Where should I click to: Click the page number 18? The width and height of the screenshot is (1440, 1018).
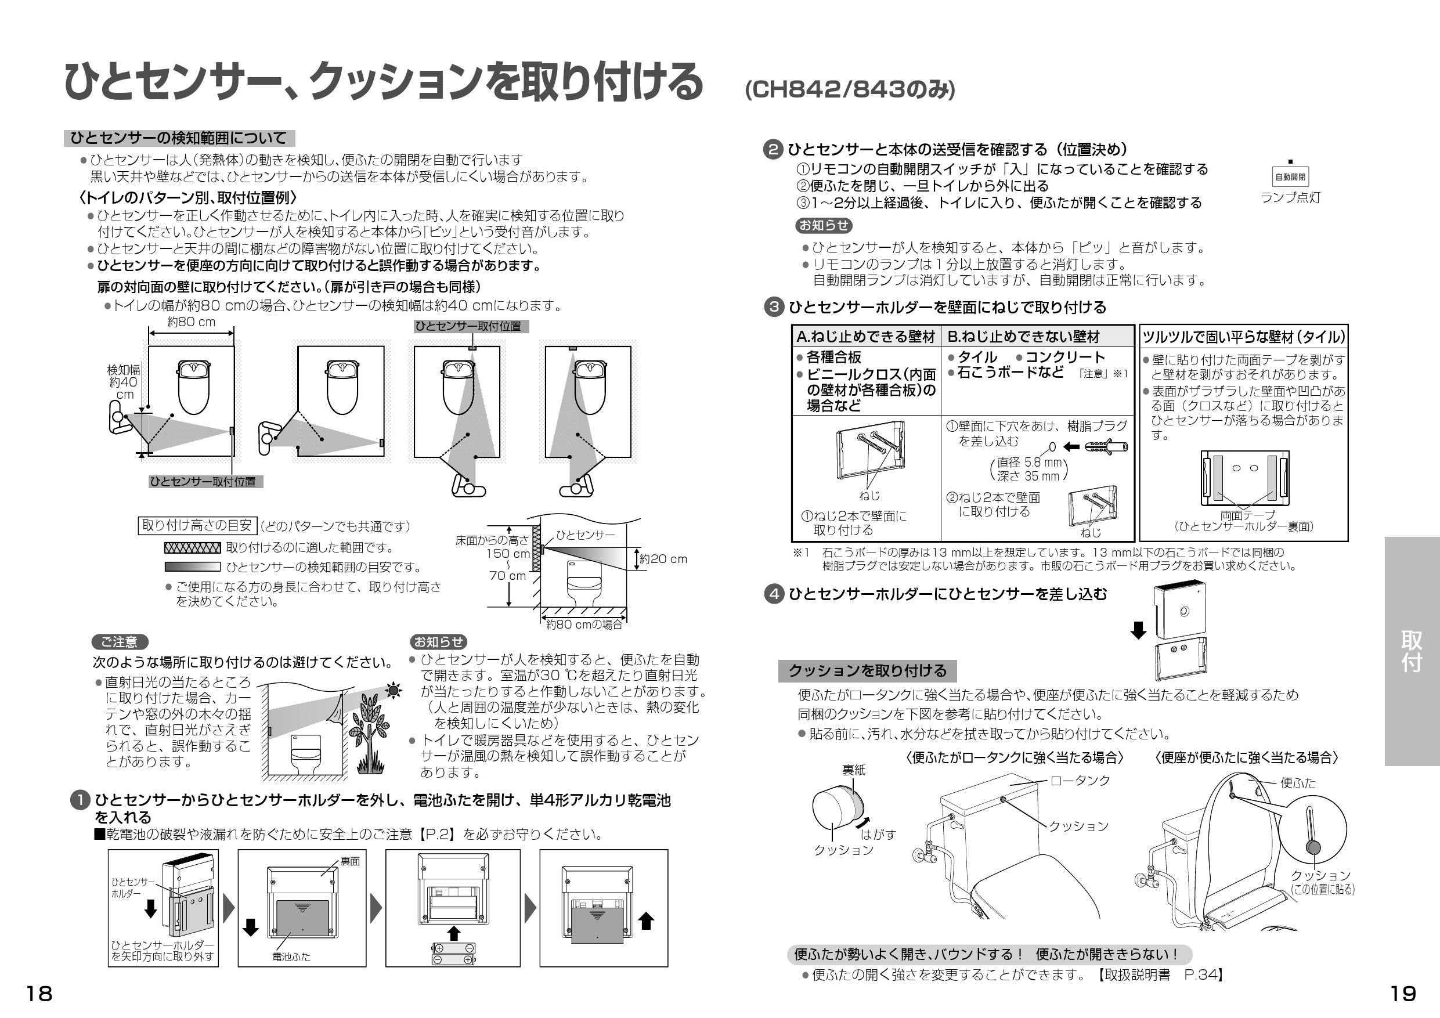point(39,994)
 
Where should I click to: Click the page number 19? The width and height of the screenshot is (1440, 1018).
point(1402,994)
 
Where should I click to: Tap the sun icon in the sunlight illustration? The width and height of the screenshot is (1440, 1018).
point(394,691)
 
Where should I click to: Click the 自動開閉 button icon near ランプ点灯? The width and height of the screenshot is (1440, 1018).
point(1290,177)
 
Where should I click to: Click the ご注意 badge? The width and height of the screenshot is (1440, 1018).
point(120,642)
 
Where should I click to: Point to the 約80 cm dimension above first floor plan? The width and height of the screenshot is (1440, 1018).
point(192,322)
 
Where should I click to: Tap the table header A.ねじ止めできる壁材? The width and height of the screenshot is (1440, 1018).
point(865,337)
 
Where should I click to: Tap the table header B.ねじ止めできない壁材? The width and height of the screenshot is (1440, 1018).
point(1023,337)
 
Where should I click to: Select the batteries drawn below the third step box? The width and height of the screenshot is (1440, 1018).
point(453,954)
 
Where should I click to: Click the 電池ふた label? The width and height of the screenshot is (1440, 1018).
point(291,957)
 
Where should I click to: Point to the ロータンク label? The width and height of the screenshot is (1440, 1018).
point(1080,780)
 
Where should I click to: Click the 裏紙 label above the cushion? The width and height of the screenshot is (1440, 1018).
point(853,770)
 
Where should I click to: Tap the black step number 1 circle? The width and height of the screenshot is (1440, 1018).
point(80,801)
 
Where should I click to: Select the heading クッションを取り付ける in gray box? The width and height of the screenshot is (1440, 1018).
point(867,671)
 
